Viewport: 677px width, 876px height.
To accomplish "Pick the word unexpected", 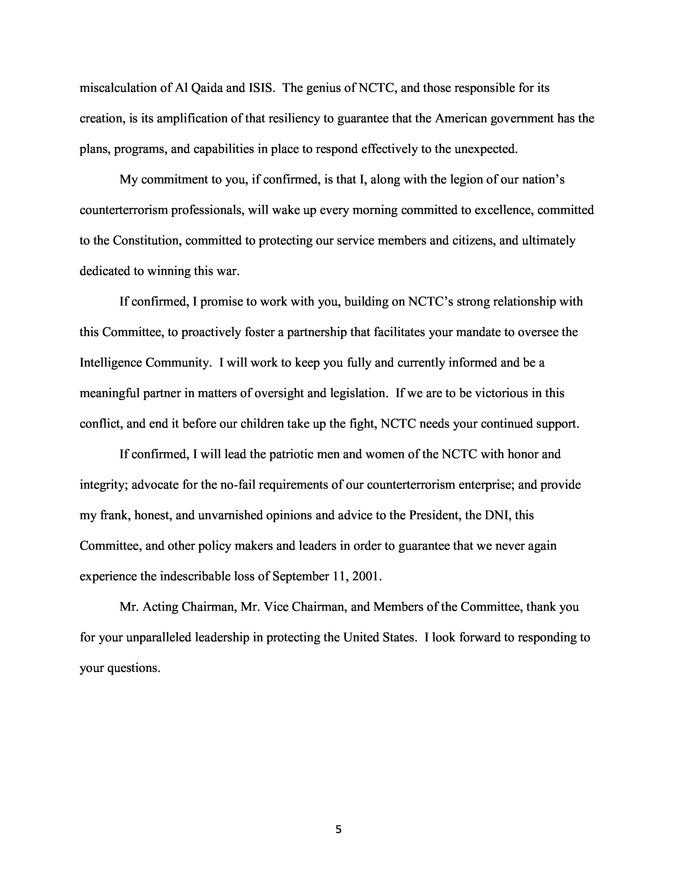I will [485, 149].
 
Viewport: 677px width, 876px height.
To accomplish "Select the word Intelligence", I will [110, 363].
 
